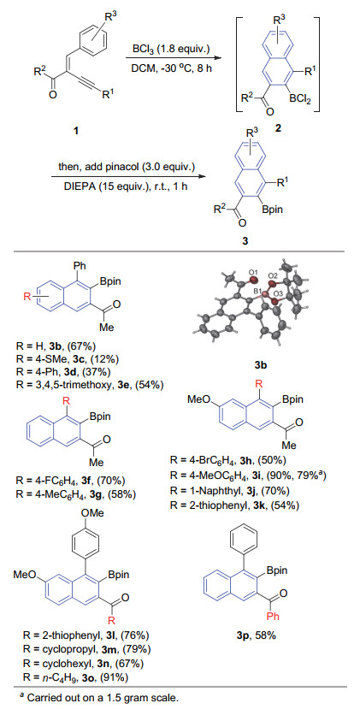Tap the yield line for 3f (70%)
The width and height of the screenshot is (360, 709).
(x=70, y=481)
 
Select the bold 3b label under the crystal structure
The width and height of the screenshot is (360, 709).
(x=261, y=364)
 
